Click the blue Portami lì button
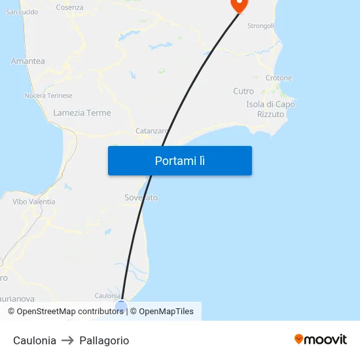click(x=179, y=160)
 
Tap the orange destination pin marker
click(x=238, y=5)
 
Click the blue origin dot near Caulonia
click(x=121, y=305)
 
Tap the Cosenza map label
click(x=69, y=7)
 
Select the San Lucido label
click(x=22, y=12)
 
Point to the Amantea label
click(x=27, y=61)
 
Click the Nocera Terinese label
click(x=48, y=96)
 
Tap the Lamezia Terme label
click(x=82, y=113)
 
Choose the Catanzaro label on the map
click(x=151, y=131)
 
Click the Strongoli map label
click(x=261, y=26)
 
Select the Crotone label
click(x=279, y=78)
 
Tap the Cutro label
click(x=243, y=91)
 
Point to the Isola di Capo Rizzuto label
click(x=270, y=109)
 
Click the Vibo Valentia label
click(x=34, y=202)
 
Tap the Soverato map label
click(x=141, y=197)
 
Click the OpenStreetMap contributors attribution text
click(x=65, y=312)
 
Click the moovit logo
click(x=320, y=339)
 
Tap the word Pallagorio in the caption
click(x=104, y=340)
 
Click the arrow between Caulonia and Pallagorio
click(x=68, y=340)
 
